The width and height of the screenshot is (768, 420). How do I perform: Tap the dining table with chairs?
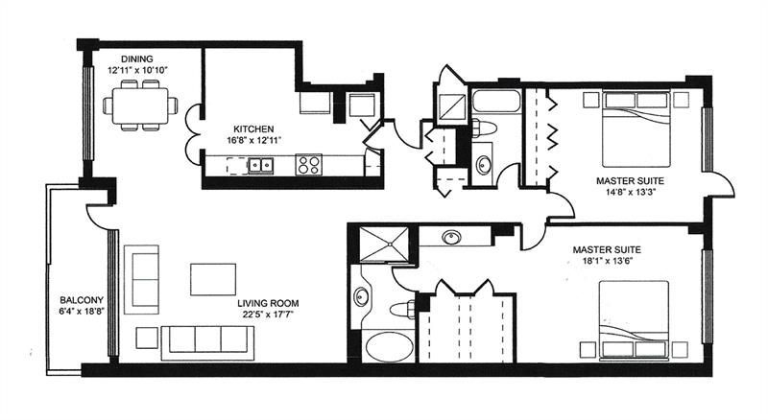[142, 105]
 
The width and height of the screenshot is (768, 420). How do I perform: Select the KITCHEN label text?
[254, 128]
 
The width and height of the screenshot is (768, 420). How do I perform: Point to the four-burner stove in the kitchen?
[308, 165]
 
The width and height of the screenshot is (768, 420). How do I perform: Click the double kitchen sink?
[260, 166]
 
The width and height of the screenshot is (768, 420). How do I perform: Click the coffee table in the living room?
[213, 280]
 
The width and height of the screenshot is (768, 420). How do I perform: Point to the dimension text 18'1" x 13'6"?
[607, 262]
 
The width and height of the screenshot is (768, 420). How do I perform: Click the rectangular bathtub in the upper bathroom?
[495, 101]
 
